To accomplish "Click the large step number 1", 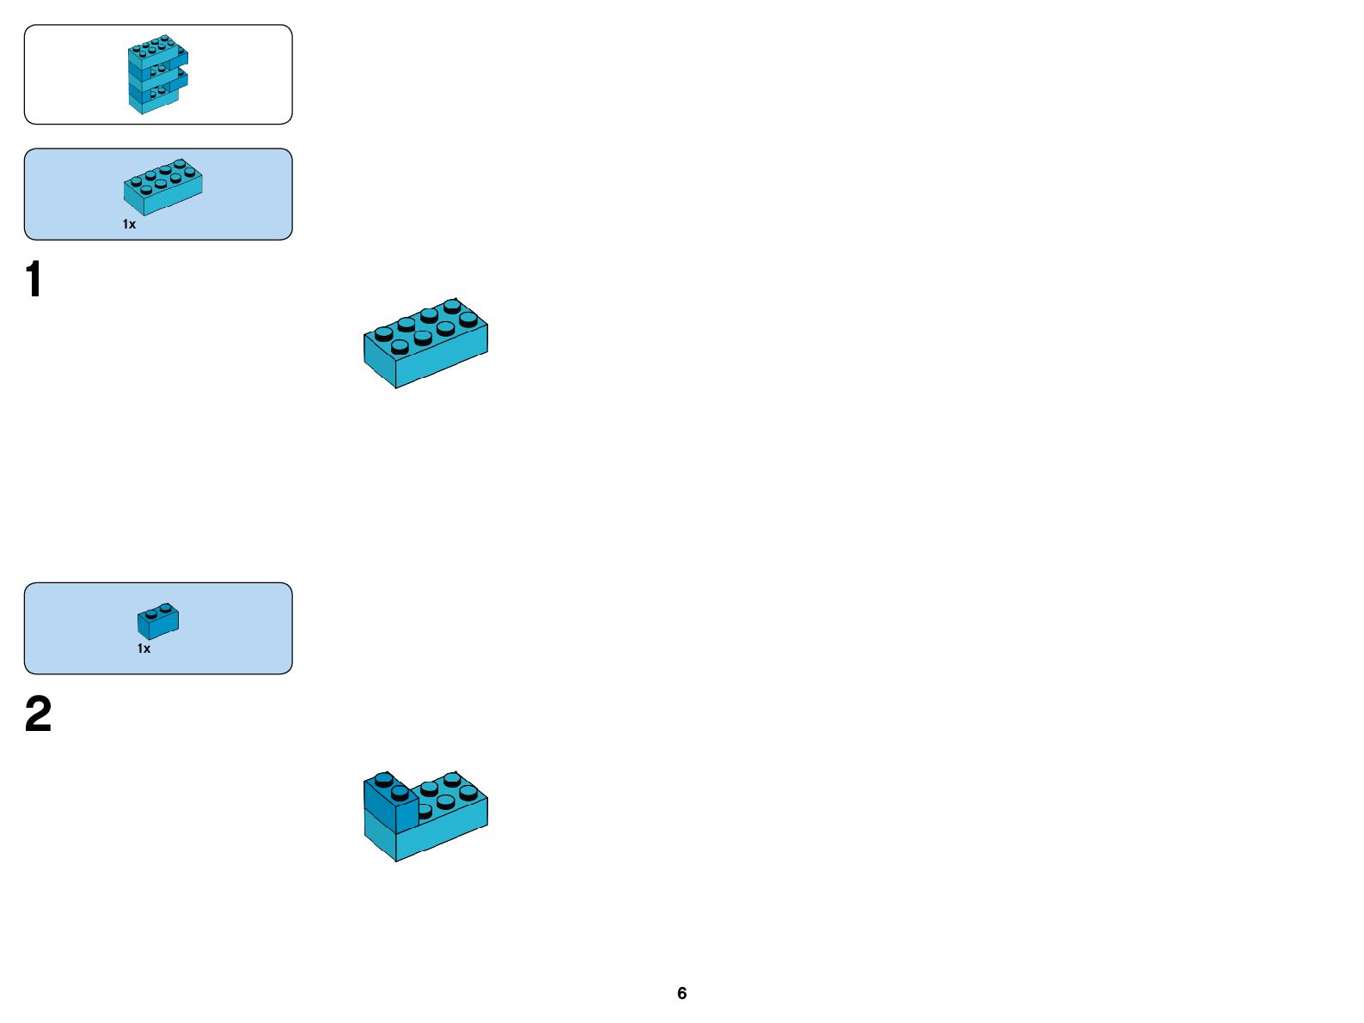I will click(34, 280).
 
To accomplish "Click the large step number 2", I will click(38, 715).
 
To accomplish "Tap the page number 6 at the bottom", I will click(682, 993).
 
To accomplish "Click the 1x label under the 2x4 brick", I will click(129, 224).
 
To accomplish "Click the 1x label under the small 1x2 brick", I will click(144, 649).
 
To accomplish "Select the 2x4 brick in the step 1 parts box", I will click(162, 186).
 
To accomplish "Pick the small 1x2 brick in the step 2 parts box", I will click(158, 620).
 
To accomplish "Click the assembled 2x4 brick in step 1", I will click(425, 343).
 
